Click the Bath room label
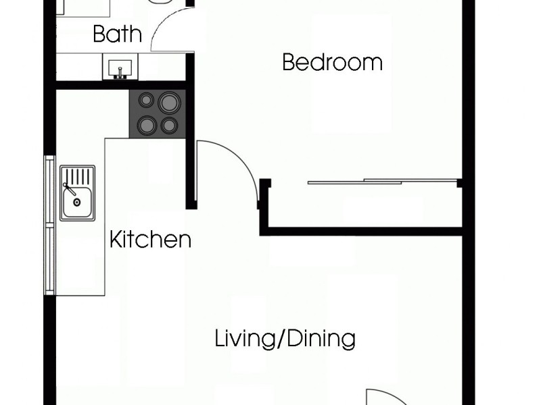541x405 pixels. [x=117, y=34]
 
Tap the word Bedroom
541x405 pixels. [x=332, y=63]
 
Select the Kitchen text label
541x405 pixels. [x=150, y=239]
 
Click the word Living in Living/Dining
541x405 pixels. [x=245, y=338]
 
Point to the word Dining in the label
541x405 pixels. [x=320, y=338]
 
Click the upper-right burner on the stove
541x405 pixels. [x=169, y=103]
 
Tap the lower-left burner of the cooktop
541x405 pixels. [x=146, y=125]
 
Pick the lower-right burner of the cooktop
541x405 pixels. [x=169, y=126]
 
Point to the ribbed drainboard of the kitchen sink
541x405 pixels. [x=77, y=176]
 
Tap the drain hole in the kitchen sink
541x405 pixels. [x=77, y=202]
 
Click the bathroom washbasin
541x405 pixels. [x=120, y=68]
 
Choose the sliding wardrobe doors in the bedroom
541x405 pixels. [x=383, y=181]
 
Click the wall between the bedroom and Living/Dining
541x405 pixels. [x=362, y=232]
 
